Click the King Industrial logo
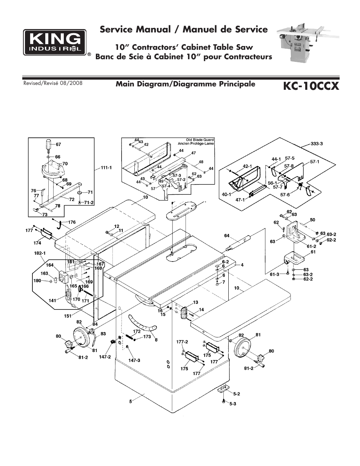54,42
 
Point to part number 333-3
317,144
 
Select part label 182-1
40,253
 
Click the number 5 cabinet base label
131,401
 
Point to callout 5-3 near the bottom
232,403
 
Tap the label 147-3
134,360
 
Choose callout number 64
226,236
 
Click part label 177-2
182,341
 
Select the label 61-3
274,274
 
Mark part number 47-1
240,200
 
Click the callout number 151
68,316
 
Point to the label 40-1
226,195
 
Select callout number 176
72,222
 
